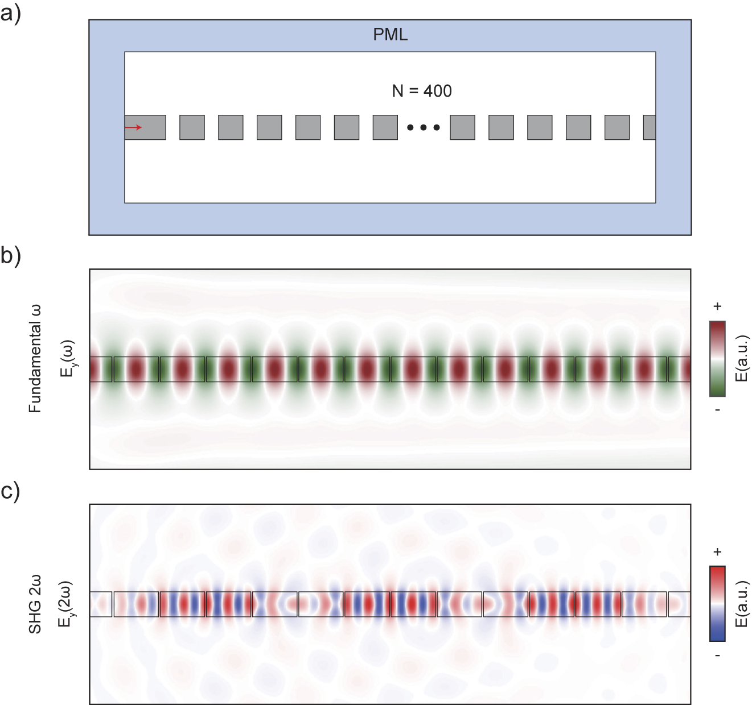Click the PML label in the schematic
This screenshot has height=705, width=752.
(x=390, y=35)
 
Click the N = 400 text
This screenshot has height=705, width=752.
(x=422, y=91)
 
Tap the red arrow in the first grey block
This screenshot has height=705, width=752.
(x=133, y=127)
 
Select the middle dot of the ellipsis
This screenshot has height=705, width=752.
(x=424, y=127)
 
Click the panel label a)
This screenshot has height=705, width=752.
(x=10, y=13)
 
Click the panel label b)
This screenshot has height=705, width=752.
(x=10, y=255)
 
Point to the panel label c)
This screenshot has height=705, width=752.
(x=10, y=490)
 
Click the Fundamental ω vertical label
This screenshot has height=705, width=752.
(x=35, y=359)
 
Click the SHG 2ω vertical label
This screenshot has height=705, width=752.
(x=35, y=604)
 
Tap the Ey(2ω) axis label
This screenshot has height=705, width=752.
(x=66, y=604)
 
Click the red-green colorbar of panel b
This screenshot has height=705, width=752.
(x=717, y=358)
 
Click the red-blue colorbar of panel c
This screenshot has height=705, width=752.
(x=717, y=603)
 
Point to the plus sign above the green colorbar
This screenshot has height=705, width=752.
(x=717, y=306)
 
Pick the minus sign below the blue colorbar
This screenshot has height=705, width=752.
(x=717, y=655)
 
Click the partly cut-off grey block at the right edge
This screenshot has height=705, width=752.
(x=650, y=127)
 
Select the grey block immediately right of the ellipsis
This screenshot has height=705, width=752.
(x=462, y=127)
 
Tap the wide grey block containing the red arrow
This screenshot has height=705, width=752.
(x=146, y=127)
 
